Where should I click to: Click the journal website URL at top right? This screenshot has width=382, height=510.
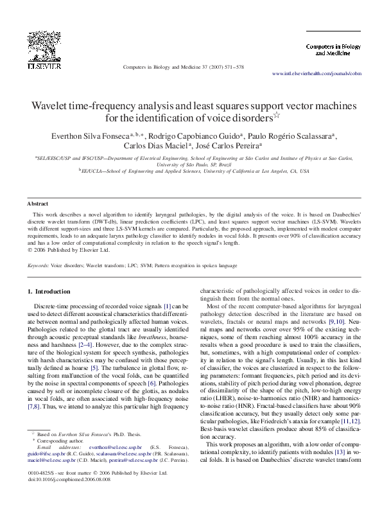321,75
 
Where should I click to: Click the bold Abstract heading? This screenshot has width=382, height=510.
38,203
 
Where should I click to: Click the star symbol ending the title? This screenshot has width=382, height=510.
277,116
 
